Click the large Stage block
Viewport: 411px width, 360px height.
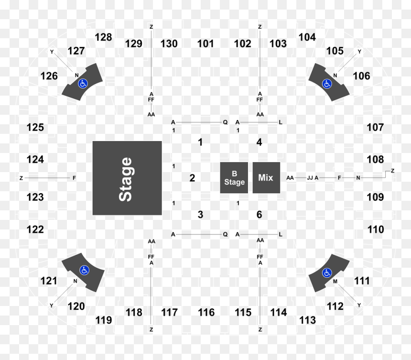click(x=127, y=178)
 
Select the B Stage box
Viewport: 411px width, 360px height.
click(x=234, y=178)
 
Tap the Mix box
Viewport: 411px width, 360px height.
click(x=266, y=178)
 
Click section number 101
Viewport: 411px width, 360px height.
click(x=205, y=44)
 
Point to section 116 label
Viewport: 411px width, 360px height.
click(x=206, y=312)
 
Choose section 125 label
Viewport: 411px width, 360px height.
click(x=35, y=128)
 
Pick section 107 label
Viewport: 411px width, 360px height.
click(x=375, y=128)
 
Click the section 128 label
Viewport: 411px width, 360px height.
click(x=103, y=37)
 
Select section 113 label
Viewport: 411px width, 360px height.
click(x=307, y=320)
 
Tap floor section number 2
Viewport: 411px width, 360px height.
click(x=192, y=178)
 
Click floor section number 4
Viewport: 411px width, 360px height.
click(x=259, y=142)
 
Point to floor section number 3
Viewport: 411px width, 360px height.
click(x=200, y=215)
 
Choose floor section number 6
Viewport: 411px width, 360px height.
click(x=259, y=215)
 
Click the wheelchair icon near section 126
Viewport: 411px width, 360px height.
click(x=83, y=84)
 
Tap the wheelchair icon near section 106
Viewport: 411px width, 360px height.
click(x=327, y=84)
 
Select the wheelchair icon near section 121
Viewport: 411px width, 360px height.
click(x=84, y=270)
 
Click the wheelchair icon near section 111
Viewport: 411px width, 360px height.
click(x=327, y=273)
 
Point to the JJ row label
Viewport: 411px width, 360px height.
click(x=310, y=178)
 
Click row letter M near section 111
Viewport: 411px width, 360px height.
click(x=335, y=282)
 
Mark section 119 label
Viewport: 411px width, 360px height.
click(x=104, y=320)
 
